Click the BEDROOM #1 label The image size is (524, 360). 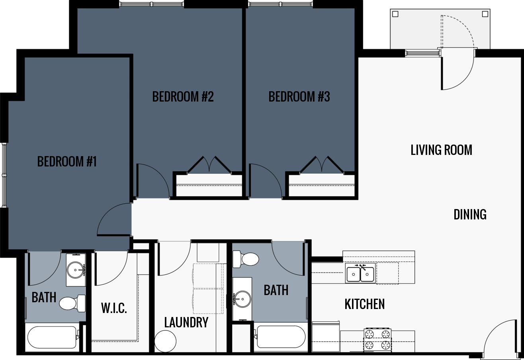point(67,161)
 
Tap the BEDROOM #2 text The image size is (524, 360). point(183,96)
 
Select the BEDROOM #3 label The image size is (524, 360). point(299,96)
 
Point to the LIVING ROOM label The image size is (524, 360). point(441,150)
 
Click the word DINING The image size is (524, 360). point(470,214)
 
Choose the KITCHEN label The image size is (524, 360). point(364,304)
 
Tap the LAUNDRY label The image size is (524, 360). point(186,322)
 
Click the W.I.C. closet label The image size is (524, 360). point(114,308)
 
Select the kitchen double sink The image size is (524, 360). point(360,274)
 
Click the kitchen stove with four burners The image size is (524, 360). point(377,340)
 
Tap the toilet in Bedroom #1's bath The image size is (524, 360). point(72,303)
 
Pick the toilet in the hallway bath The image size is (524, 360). point(246,259)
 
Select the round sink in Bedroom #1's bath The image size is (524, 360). point(76,270)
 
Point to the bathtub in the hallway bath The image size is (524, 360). point(281,337)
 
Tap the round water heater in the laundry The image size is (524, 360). point(165,341)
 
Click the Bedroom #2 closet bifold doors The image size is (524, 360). point(209,164)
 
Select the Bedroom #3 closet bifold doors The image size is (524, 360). point(321,164)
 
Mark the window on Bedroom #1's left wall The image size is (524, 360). point(4,175)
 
